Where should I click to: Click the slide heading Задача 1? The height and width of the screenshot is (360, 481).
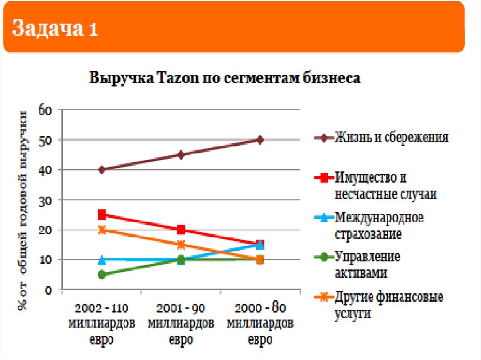pyautogui.click(x=55, y=29)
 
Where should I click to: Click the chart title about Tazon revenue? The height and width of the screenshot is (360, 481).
pyautogui.click(x=225, y=78)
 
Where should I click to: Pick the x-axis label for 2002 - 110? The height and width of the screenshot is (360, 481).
pyautogui.click(x=102, y=324)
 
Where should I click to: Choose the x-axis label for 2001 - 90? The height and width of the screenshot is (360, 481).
pyautogui.click(x=181, y=324)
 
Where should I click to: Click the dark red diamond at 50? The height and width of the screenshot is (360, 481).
pyautogui.click(x=260, y=140)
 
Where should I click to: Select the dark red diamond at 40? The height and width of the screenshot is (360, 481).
pyautogui.click(x=102, y=170)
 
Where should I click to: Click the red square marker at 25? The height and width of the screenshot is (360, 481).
pyautogui.click(x=102, y=215)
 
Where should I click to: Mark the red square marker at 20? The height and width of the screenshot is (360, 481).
pyautogui.click(x=181, y=230)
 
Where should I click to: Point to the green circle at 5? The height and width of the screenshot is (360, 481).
pyautogui.click(x=102, y=275)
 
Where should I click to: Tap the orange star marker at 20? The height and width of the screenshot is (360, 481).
pyautogui.click(x=102, y=230)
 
